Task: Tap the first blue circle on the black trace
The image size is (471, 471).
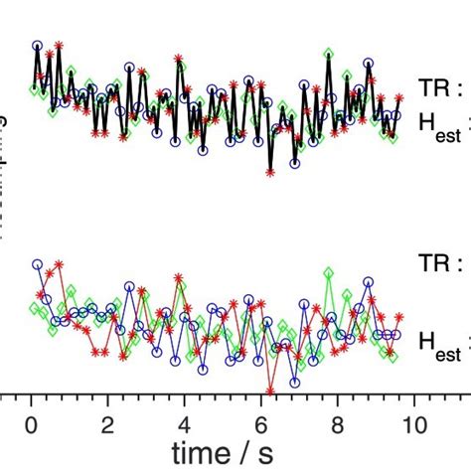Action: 38,46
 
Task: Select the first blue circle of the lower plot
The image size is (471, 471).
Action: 38,264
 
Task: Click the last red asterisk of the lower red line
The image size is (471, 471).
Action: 399,317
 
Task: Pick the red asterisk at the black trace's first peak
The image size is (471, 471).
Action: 59,45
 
